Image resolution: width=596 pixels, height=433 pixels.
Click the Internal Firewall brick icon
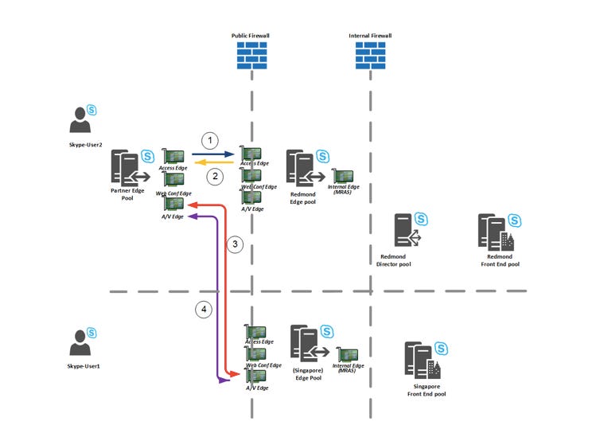click(370, 55)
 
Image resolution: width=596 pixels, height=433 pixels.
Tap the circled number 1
click(209, 141)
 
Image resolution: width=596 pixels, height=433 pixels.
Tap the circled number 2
click(213, 177)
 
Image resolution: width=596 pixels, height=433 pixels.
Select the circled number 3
click(233, 244)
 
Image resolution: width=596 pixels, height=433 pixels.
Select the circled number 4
click(205, 310)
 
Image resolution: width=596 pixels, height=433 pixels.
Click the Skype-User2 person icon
click(80, 120)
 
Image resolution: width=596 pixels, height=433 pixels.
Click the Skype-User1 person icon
click(80, 344)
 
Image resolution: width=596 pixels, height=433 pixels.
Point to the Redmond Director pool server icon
click(406, 230)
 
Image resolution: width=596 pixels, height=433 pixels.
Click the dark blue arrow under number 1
click(213, 154)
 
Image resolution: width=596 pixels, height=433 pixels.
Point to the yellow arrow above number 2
click(213, 163)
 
